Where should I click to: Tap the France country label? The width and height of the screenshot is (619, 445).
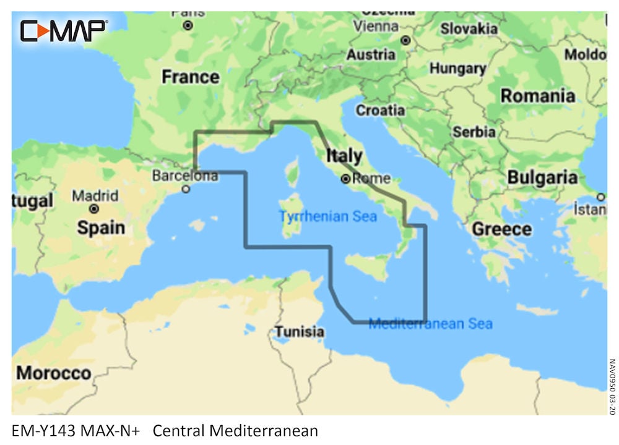190,77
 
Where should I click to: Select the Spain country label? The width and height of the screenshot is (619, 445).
100,227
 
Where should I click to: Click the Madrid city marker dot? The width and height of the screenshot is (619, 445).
93,209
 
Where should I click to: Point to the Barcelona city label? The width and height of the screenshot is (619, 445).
185,176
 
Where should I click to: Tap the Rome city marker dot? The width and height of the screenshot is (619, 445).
345,179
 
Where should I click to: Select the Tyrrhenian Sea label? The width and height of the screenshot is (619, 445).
327,217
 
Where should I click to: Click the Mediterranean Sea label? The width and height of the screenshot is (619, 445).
430,324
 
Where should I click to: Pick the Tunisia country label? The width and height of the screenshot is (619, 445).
299,332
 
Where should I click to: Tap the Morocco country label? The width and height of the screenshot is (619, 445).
53,373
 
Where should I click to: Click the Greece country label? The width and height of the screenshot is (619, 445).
501,229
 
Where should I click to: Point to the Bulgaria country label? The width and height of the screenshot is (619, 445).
542,177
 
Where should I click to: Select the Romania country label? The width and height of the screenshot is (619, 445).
537,96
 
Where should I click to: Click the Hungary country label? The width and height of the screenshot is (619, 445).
457,69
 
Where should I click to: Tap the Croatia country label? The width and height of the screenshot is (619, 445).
380,111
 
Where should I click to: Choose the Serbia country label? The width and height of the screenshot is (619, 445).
474,132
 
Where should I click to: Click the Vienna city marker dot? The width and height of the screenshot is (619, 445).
405,40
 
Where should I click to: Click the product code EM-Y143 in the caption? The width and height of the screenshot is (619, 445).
43,430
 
